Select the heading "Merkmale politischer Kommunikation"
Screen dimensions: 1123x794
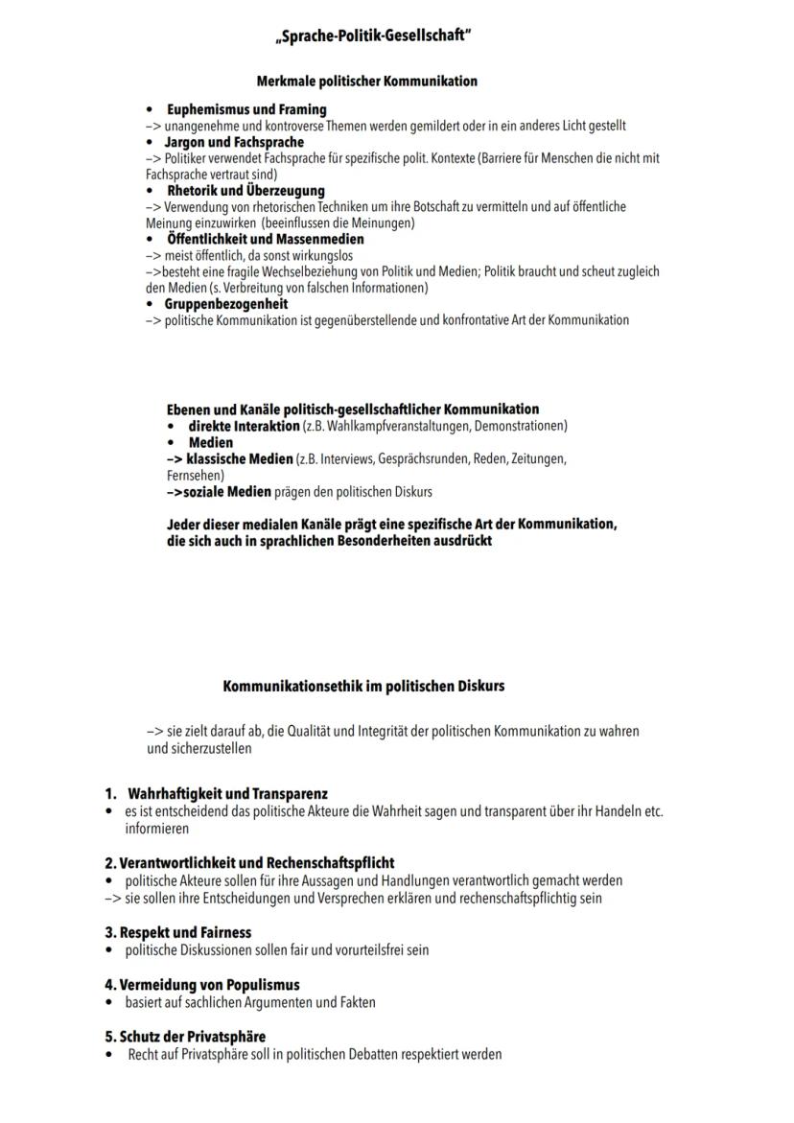point(366,82)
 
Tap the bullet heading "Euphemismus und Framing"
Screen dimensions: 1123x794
point(245,109)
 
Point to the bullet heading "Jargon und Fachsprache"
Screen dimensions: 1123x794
point(234,142)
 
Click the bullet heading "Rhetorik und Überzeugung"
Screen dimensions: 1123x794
point(245,191)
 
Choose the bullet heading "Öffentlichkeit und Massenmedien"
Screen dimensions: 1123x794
point(265,239)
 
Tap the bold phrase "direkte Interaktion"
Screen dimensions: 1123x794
point(244,426)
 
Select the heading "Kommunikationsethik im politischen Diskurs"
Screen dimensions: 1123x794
point(363,687)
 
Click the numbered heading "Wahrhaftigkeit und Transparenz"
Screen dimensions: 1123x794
point(227,794)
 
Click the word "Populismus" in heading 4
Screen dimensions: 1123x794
point(266,985)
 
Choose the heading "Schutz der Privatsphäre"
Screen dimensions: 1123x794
point(185,1037)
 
